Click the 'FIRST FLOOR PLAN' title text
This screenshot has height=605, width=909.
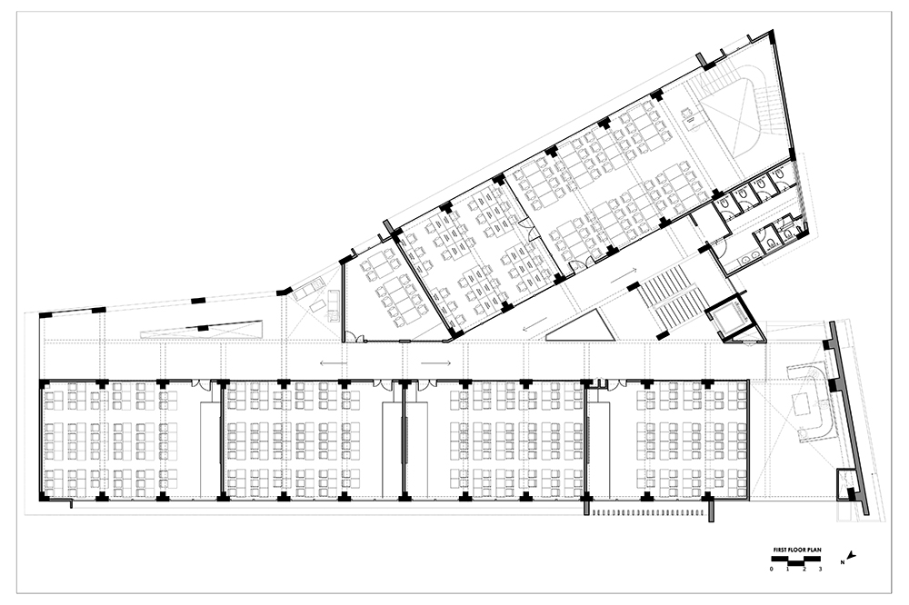[797, 550]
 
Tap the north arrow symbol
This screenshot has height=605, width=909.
[851, 557]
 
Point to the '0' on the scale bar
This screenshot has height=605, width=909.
[772, 569]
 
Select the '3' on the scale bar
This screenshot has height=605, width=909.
[820, 569]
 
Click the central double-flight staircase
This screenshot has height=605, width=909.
[673, 302]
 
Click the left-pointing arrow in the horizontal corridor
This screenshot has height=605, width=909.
[333, 363]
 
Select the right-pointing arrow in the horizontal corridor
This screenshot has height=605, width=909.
[436, 363]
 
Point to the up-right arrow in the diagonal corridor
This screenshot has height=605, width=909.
[624, 273]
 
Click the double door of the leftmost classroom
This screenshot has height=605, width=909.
[199, 383]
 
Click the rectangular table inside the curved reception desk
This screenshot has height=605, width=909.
[805, 403]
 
